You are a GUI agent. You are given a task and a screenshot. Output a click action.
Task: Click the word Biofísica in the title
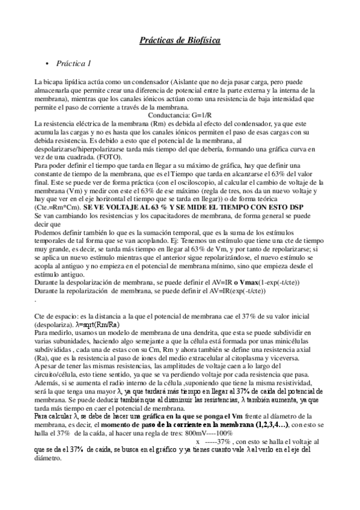coord(201,40)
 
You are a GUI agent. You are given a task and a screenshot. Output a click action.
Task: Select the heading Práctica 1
coord(73,63)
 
